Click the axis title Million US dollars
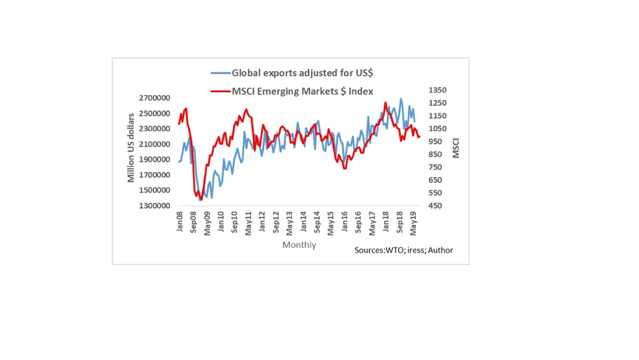pos(131,148)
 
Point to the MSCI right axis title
pos(456,148)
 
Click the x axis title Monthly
pos(300,245)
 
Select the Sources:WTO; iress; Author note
pos(403,250)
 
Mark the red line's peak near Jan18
pos(385,102)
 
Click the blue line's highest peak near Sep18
pos(401,98)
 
